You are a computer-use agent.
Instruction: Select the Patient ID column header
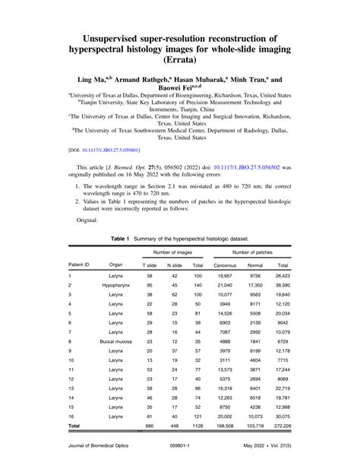click(80, 264)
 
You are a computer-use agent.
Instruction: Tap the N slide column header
click(174, 264)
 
